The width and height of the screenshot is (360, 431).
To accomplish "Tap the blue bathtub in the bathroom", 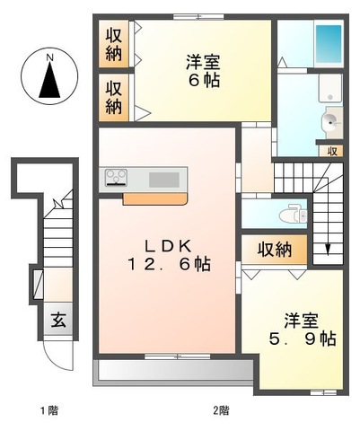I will coord(329,41).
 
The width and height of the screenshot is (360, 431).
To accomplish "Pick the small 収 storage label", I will coord(332,151).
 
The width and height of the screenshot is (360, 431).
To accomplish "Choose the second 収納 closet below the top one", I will coord(115,97).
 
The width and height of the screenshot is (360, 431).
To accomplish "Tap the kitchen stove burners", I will coord(117,178).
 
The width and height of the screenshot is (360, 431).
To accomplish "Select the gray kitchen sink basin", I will coord(164,179).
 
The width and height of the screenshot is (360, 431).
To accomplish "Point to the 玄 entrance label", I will coord(57,319).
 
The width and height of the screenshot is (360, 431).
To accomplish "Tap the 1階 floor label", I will coord(48,410).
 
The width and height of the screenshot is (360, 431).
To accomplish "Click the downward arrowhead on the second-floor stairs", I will coord(328,249).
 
